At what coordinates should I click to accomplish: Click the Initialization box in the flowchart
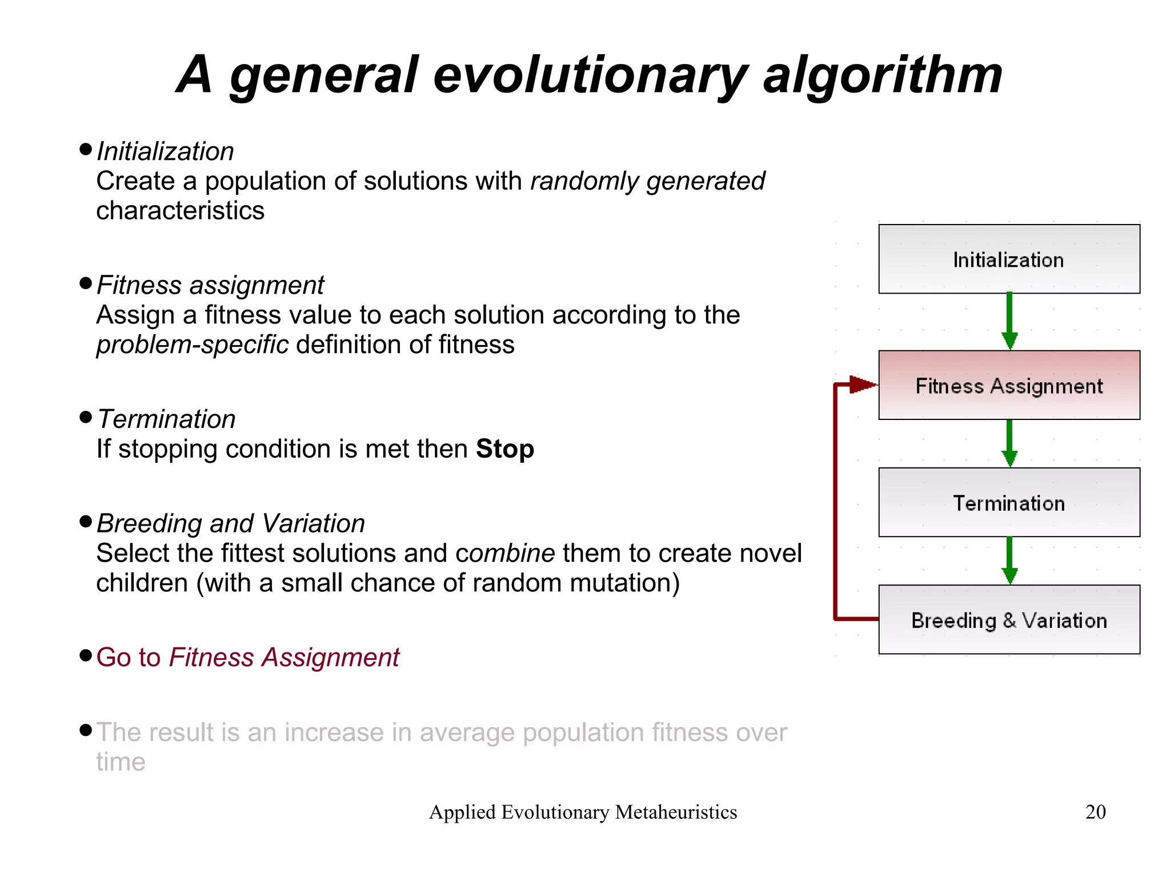(x=1008, y=259)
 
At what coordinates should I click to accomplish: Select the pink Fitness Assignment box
(x=1008, y=386)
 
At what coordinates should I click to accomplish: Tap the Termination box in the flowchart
(x=1008, y=503)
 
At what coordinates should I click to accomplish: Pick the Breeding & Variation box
(x=1008, y=620)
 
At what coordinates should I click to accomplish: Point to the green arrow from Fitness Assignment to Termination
(x=1009, y=443)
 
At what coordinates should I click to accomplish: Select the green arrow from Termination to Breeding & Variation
(x=1009, y=560)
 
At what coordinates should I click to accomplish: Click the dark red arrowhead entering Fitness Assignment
(x=862, y=385)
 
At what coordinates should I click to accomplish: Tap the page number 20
(x=1095, y=812)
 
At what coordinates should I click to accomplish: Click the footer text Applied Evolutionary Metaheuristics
(x=583, y=812)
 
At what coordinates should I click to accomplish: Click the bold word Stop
(x=505, y=449)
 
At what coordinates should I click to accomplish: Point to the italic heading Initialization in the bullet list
(x=165, y=152)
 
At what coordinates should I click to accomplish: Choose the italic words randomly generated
(x=647, y=182)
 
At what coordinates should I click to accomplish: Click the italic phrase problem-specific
(x=192, y=345)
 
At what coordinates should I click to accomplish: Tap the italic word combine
(x=505, y=554)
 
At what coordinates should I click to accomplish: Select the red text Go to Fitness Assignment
(x=247, y=658)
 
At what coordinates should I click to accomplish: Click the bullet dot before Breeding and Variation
(x=86, y=522)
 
